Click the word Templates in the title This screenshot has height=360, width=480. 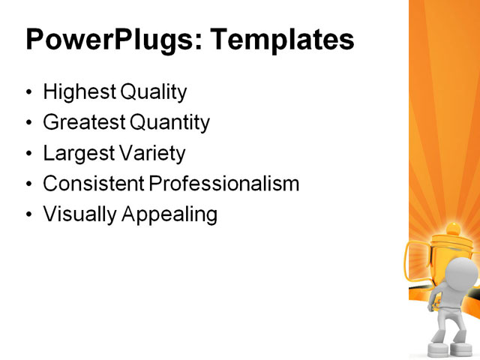[x=283, y=39]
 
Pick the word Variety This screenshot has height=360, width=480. [x=151, y=153]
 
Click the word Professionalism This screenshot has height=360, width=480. [x=223, y=184]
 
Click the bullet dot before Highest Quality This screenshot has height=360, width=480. [x=29, y=94]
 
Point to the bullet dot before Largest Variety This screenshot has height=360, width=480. [x=29, y=154]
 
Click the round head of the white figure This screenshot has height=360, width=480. [x=463, y=274]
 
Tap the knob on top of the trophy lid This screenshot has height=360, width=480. [x=453, y=226]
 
